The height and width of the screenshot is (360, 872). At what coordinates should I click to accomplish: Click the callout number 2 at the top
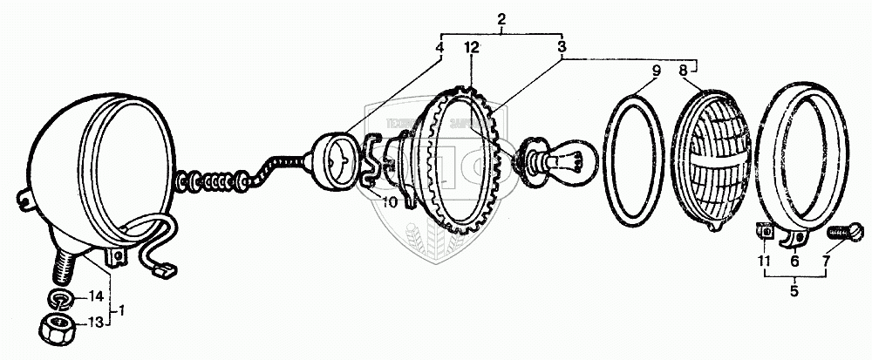(x=501, y=18)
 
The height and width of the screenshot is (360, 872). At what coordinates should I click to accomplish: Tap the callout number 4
(x=439, y=49)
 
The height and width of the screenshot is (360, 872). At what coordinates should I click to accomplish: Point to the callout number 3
(x=562, y=49)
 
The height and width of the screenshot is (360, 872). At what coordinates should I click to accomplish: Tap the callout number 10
(x=387, y=202)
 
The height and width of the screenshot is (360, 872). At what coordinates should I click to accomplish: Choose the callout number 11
(x=765, y=260)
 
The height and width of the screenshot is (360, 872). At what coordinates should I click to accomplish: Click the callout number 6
(x=794, y=260)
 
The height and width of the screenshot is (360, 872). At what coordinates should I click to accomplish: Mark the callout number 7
(x=825, y=260)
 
